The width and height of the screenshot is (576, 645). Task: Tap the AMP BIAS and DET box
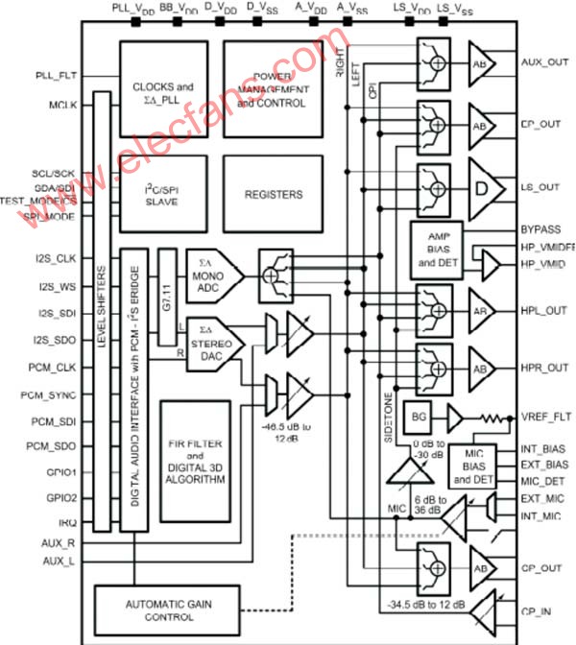click(436, 248)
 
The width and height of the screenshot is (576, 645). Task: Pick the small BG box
click(418, 416)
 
